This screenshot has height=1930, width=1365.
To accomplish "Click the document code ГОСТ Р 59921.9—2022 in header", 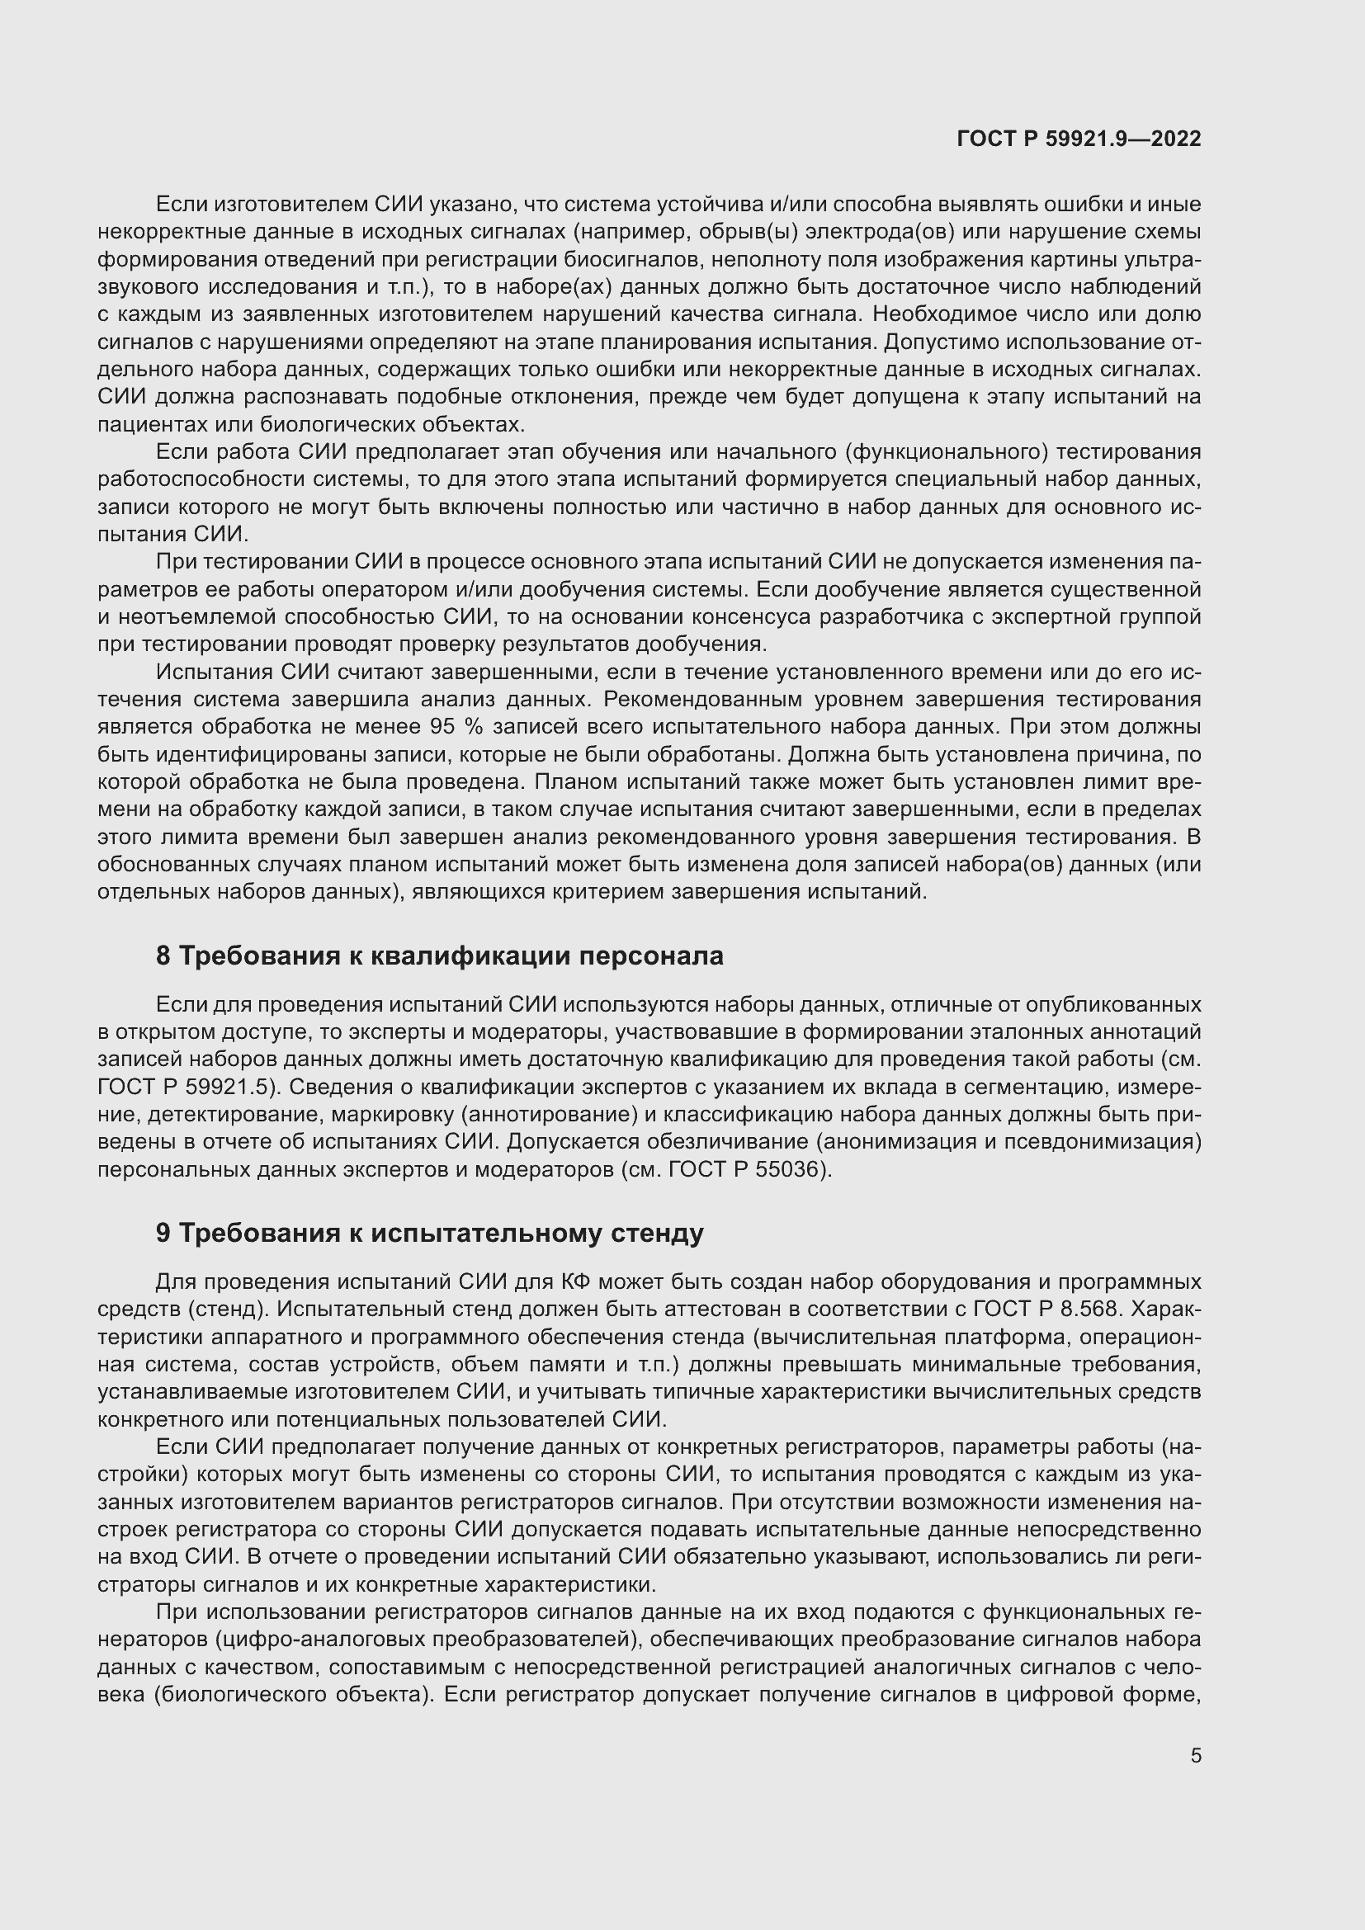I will point(1079,139).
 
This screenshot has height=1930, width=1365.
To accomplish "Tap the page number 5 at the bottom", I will point(1195,1756).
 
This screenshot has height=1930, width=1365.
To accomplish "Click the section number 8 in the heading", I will point(163,956).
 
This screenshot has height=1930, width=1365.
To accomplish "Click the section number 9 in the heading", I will point(163,1233).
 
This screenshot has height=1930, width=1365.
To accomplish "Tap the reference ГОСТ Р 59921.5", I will point(187,1087).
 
